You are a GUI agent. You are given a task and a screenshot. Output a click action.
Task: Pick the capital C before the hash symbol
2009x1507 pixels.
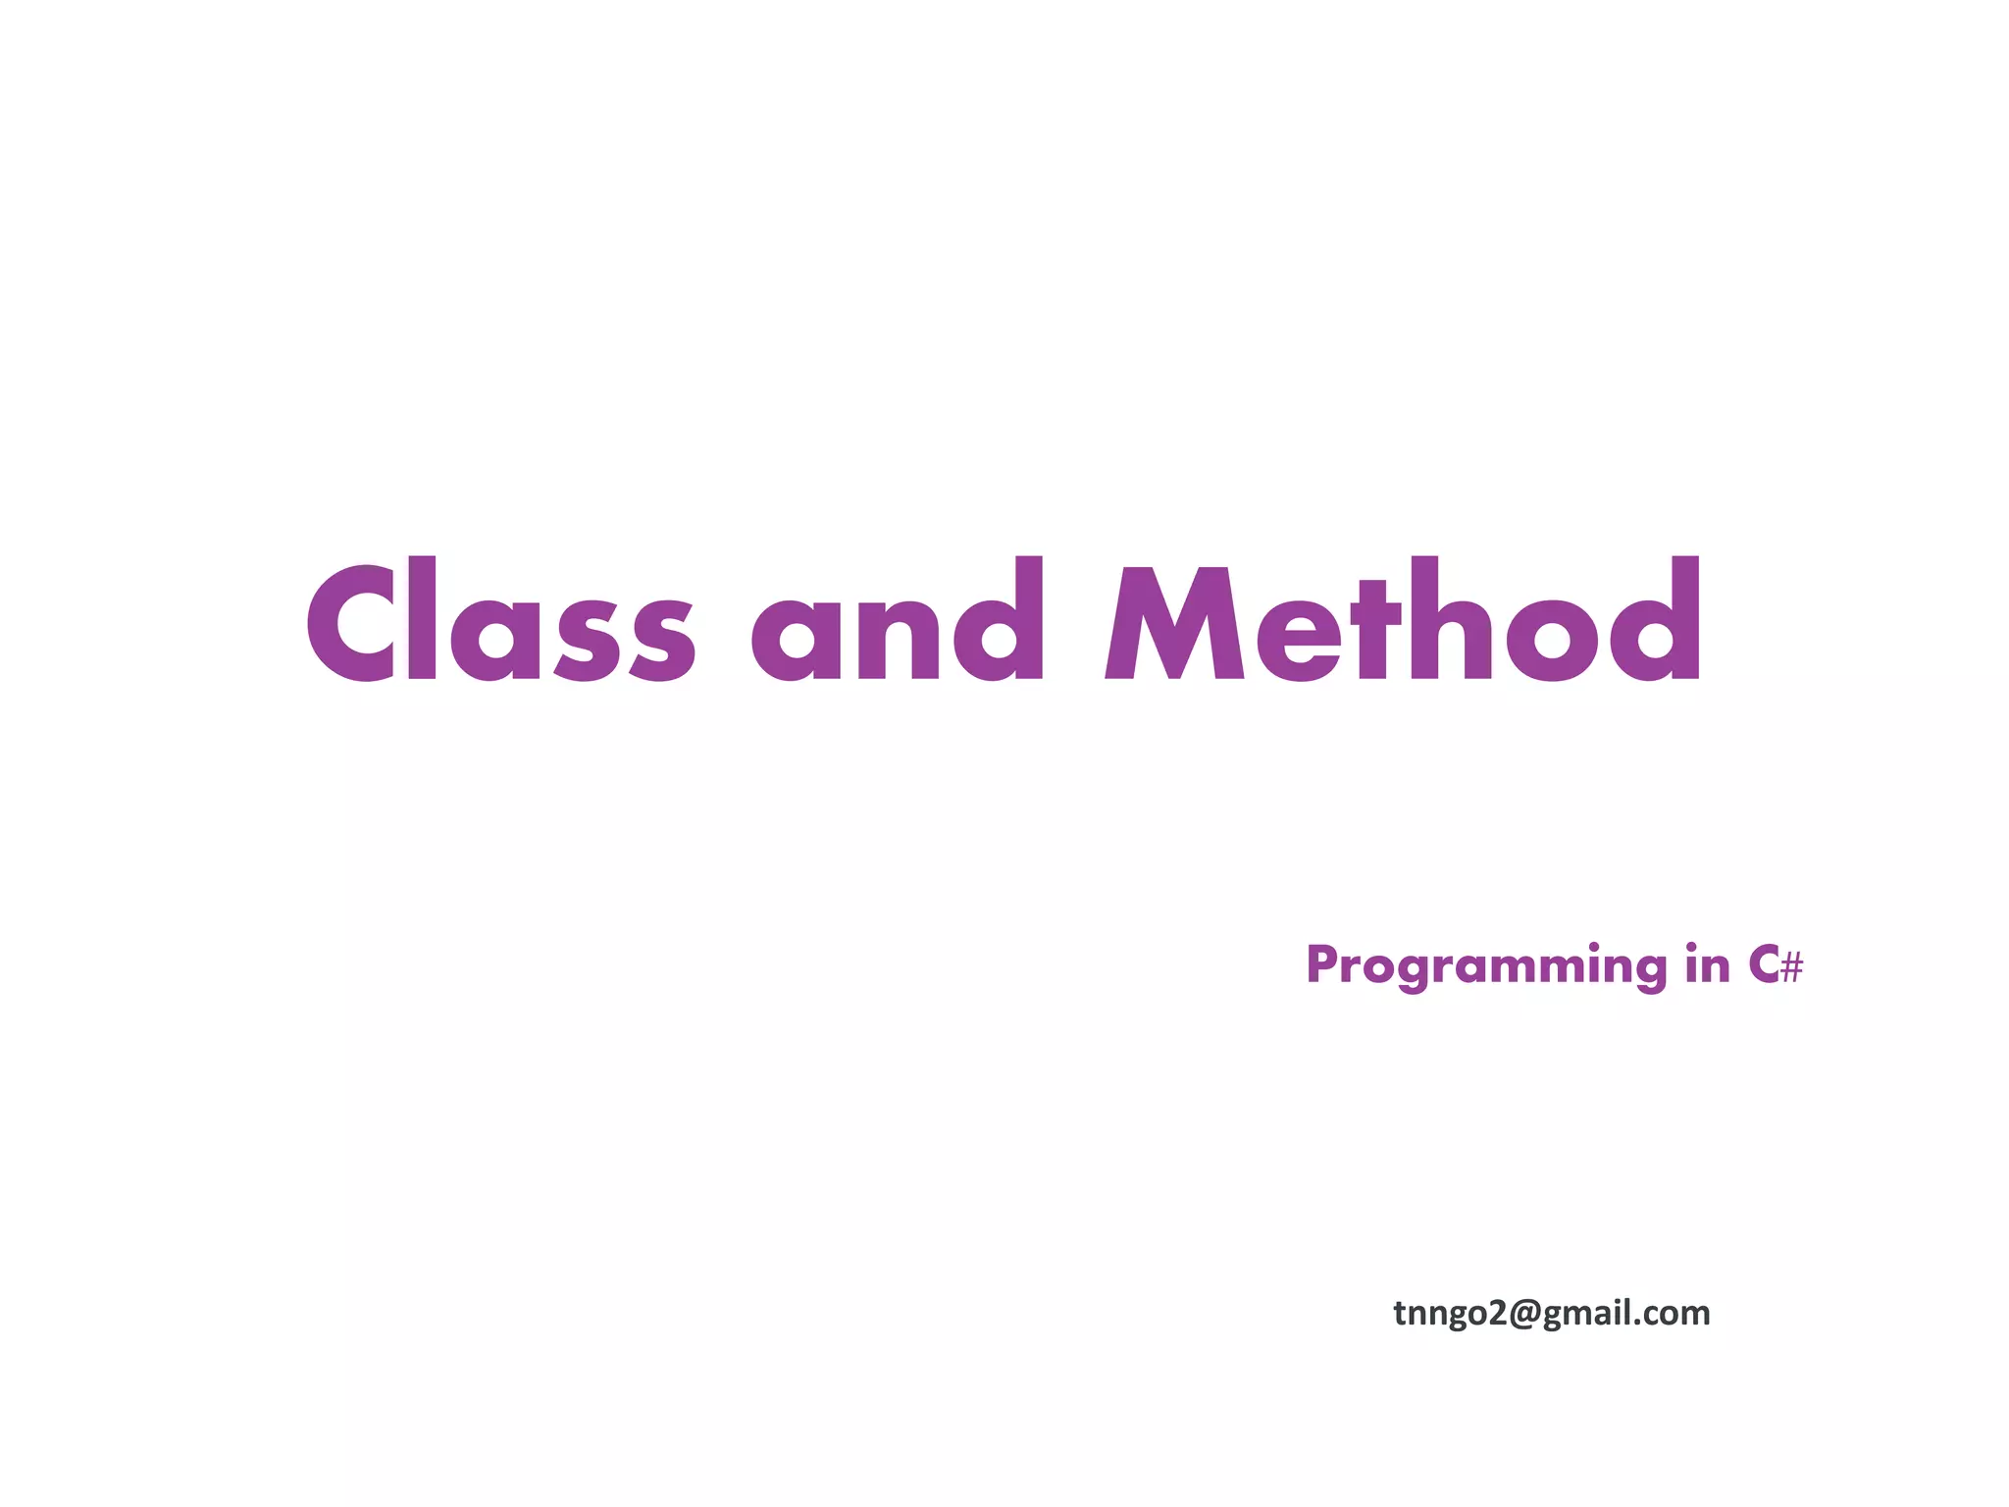point(1762,965)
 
